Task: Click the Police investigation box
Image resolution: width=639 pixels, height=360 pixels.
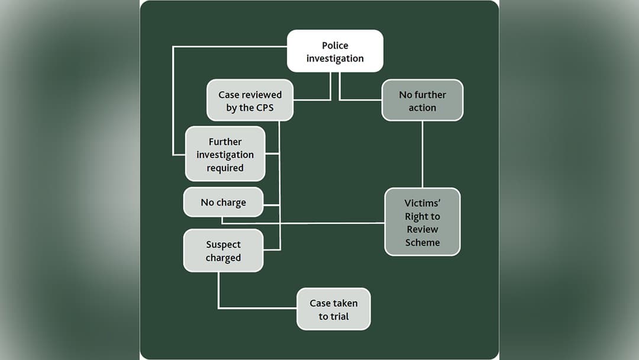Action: (335, 52)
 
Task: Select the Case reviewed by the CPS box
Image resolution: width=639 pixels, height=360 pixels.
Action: (250, 101)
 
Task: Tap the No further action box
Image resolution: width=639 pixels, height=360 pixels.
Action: (422, 101)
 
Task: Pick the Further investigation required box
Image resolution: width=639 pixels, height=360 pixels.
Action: (225, 155)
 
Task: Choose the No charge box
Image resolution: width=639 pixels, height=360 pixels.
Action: (223, 202)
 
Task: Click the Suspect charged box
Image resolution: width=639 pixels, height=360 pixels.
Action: (223, 251)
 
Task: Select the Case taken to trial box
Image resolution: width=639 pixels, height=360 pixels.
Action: (333, 309)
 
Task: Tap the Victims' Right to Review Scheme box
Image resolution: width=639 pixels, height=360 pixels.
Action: (422, 222)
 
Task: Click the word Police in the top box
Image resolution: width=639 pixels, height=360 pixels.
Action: (335, 46)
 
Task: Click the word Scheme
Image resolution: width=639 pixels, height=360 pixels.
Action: (422, 242)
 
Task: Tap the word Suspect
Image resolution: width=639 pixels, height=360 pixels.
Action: (223, 245)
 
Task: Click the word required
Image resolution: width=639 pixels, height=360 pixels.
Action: (225, 168)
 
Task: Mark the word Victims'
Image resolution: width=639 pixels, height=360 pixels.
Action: (422, 203)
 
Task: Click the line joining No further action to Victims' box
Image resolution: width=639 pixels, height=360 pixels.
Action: (422, 154)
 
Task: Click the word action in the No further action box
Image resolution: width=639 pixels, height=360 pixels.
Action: (422, 108)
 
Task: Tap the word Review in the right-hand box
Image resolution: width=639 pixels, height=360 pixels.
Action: (422, 229)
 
